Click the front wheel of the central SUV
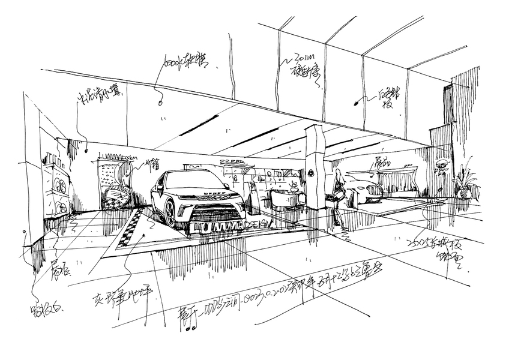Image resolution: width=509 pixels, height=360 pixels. click(170, 211)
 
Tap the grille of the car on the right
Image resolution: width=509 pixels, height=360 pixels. click(373, 193)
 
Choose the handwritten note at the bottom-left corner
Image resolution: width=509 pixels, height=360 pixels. click(40, 312)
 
